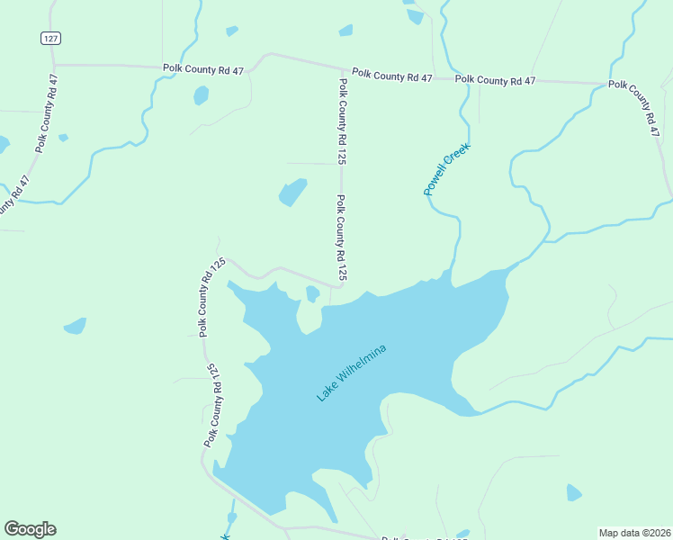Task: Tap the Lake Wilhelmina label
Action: pos(352,373)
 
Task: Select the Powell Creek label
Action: pos(447,169)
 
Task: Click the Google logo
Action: pos(30,529)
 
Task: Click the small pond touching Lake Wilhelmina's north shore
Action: pos(312,293)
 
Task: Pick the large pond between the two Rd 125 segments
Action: pos(292,192)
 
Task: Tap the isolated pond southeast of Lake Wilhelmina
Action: pos(573,492)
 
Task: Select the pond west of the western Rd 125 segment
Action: pos(75,325)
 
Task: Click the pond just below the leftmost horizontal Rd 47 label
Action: pos(201,94)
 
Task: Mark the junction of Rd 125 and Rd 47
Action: pos(341,69)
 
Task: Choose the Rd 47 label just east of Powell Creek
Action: pos(495,80)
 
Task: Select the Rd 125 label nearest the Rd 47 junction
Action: pos(342,121)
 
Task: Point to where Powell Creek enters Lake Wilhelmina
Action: pos(450,274)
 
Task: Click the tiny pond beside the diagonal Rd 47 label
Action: pos(63,138)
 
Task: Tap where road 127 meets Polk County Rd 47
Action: pos(53,65)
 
